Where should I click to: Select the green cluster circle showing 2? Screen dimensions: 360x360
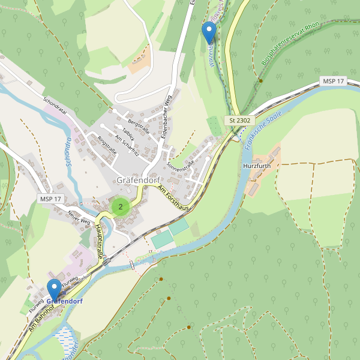pos(121,207)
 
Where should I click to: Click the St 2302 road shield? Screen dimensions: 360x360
pos(239,121)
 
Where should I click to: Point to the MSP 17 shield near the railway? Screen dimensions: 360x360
pos(333,81)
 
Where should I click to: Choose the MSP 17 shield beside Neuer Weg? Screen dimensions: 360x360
pos(51,199)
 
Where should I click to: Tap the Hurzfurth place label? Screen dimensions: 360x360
pos(257,165)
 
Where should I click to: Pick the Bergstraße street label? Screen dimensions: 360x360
pos(139,118)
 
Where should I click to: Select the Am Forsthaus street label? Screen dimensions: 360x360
pos(173,198)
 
